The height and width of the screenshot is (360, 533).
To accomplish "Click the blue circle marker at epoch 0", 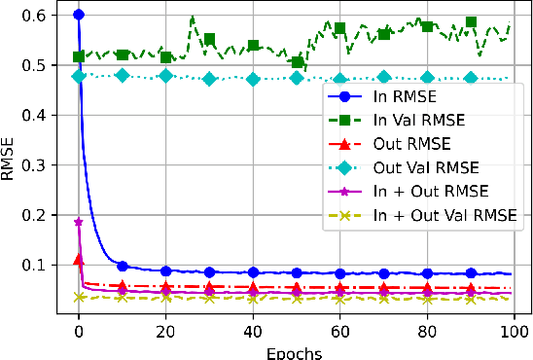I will pos(79,16).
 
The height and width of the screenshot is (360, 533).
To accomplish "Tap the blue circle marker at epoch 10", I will pos(123,266).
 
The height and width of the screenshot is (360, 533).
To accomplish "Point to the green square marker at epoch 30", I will pos(209,40).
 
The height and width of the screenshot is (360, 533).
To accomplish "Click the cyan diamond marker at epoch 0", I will pos(79,76).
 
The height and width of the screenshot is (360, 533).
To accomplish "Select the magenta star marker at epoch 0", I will pos(79,222).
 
